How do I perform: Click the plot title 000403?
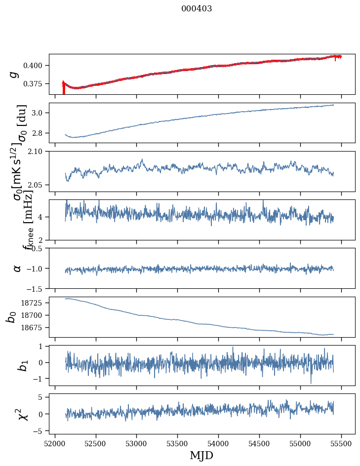(197, 9)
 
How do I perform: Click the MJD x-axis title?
(201, 456)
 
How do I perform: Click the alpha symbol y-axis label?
(17, 268)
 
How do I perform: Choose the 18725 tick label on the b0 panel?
(35, 303)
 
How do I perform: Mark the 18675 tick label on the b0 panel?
(35, 328)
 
